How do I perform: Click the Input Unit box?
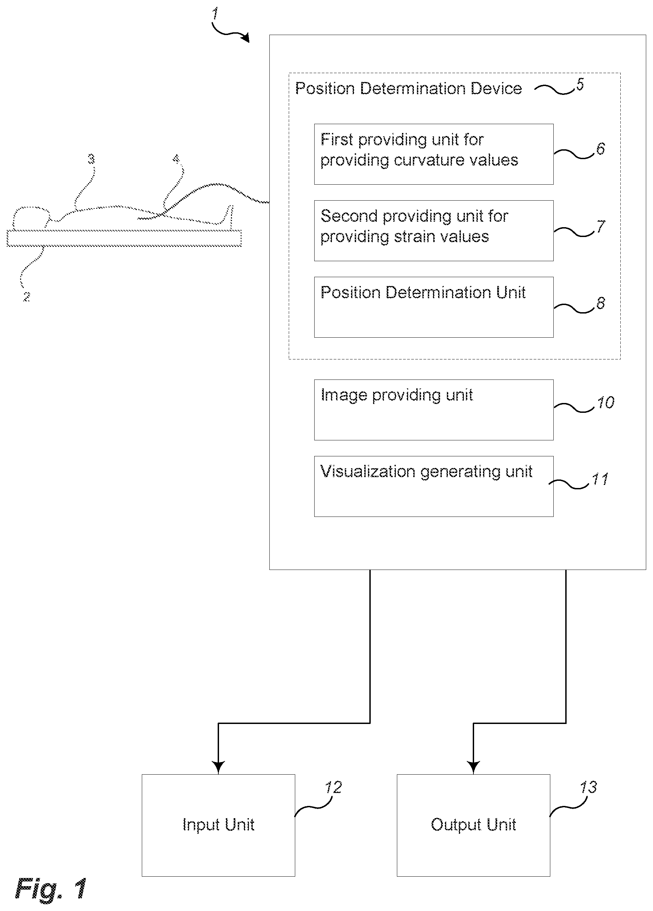tap(218, 825)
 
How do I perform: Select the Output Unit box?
tap(473, 825)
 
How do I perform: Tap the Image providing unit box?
tap(434, 410)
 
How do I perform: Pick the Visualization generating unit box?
tap(434, 486)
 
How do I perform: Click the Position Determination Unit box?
tap(434, 307)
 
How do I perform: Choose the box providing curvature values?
tap(434, 154)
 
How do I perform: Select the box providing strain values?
tap(434, 231)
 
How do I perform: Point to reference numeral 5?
tap(580, 84)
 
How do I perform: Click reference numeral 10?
tap(606, 403)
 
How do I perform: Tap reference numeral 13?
tap(588, 787)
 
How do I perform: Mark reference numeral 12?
tap(333, 787)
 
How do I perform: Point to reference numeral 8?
tap(600, 303)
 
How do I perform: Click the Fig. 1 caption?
tap(51, 888)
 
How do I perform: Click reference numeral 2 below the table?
tap(27, 297)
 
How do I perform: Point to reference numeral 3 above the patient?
tap(91, 159)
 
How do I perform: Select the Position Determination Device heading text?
tap(408, 88)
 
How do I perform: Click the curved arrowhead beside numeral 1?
tap(245, 38)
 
